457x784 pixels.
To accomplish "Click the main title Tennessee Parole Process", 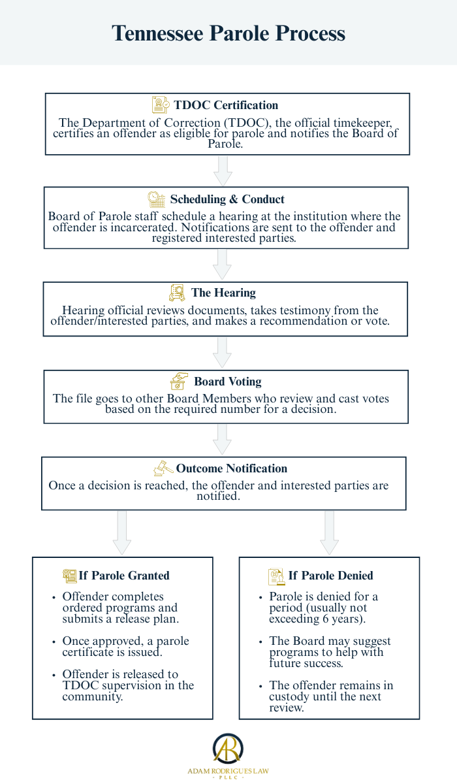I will click(228, 33).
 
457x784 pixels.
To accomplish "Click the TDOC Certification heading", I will click(226, 105).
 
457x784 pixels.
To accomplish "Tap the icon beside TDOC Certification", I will click(161, 105).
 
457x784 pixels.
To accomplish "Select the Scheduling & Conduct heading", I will click(227, 199).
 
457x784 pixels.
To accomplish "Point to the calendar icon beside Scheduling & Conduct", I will click(156, 199).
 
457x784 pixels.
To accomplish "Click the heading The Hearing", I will click(223, 293).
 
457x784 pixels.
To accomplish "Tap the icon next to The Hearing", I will click(177, 293).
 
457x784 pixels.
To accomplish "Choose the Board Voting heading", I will click(227, 382).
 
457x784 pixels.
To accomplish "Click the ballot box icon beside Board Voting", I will click(179, 382).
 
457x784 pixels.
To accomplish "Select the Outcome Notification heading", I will click(231, 468).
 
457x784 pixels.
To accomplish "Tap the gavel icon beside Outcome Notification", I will click(163, 468).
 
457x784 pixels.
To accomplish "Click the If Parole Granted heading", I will click(124, 576).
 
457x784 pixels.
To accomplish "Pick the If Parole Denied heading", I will click(330, 576).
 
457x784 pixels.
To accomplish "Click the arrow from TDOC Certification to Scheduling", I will click(223, 171).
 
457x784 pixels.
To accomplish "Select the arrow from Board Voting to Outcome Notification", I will click(223, 439).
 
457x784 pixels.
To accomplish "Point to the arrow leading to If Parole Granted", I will click(122, 532).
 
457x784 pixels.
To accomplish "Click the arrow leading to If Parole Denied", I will click(329, 532).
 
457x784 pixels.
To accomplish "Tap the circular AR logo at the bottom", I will click(228, 749).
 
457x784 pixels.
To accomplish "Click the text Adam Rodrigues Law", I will click(228, 771).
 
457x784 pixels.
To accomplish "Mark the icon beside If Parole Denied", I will click(277, 576).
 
